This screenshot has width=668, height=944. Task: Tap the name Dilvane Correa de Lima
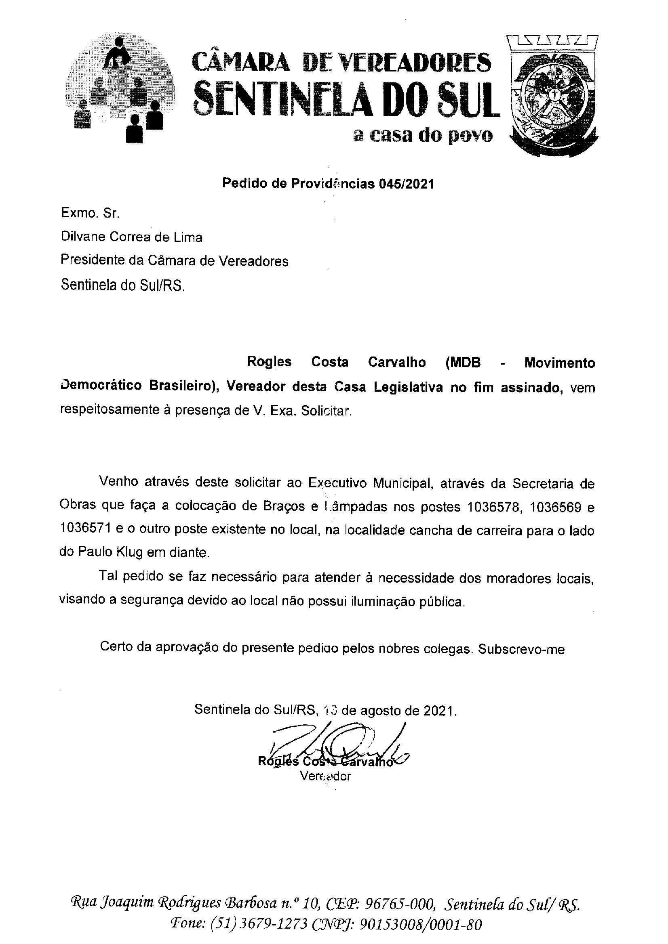coord(131,237)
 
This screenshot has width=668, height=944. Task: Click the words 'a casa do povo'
coord(423,135)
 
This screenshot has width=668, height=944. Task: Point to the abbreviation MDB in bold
coord(465,363)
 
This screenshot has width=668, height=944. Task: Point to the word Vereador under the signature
coord(325,776)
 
